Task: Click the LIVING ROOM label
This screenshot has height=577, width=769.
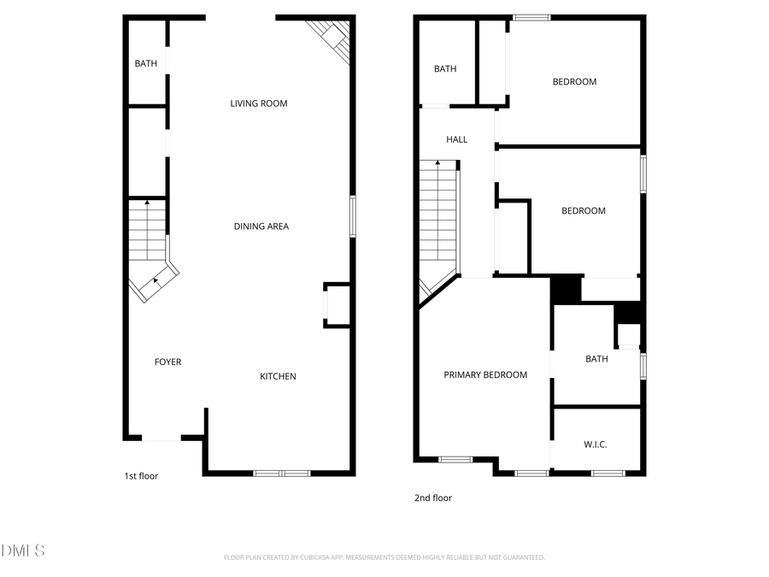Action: tap(258, 103)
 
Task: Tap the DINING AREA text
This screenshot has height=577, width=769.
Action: tap(261, 227)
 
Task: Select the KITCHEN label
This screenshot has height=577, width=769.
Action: tap(278, 376)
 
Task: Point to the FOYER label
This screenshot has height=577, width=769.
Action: tap(167, 362)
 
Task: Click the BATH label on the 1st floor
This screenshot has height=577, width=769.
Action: tap(145, 63)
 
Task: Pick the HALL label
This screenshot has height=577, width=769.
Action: tap(457, 139)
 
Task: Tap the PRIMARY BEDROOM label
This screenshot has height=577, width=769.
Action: tap(484, 374)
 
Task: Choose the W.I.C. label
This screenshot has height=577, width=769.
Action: tap(596, 445)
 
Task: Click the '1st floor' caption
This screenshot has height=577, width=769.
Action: tap(141, 476)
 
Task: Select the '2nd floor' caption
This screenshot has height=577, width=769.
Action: tap(433, 498)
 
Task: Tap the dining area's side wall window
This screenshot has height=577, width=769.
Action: tap(351, 216)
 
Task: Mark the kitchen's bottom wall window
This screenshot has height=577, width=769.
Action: tap(282, 473)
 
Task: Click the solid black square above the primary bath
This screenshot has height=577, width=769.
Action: tap(565, 289)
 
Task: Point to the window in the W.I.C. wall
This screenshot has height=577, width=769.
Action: tap(608, 473)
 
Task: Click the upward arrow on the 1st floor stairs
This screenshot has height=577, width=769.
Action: tap(146, 203)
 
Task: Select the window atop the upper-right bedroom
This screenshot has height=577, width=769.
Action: tap(531, 17)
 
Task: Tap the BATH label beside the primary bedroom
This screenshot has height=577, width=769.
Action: tap(596, 359)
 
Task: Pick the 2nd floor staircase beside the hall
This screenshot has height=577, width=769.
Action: tap(438, 222)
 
